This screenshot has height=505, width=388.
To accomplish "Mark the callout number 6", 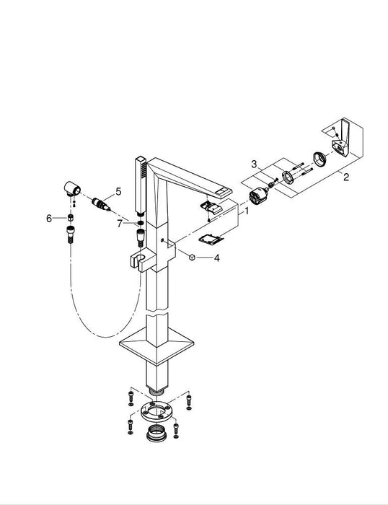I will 50,217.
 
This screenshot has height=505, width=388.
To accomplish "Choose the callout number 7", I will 119,223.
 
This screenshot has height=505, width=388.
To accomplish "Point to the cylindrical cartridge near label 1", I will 257,196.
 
